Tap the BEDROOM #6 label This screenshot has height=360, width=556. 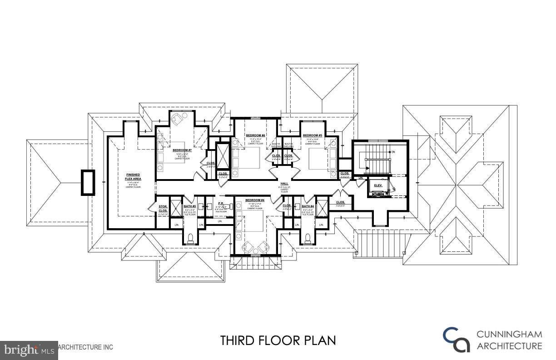255,135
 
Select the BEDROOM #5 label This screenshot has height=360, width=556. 313,135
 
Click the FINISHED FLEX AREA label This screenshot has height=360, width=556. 133,177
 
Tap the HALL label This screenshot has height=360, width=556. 284,183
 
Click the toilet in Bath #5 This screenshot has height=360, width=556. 190,237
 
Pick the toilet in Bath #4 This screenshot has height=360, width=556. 308,237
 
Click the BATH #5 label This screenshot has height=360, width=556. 189,206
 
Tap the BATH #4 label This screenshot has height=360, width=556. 308,206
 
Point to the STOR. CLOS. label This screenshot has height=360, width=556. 163,209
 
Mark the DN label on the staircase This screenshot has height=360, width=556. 393,151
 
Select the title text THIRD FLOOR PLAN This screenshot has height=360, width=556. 278,340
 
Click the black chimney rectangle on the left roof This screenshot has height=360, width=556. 88,182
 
